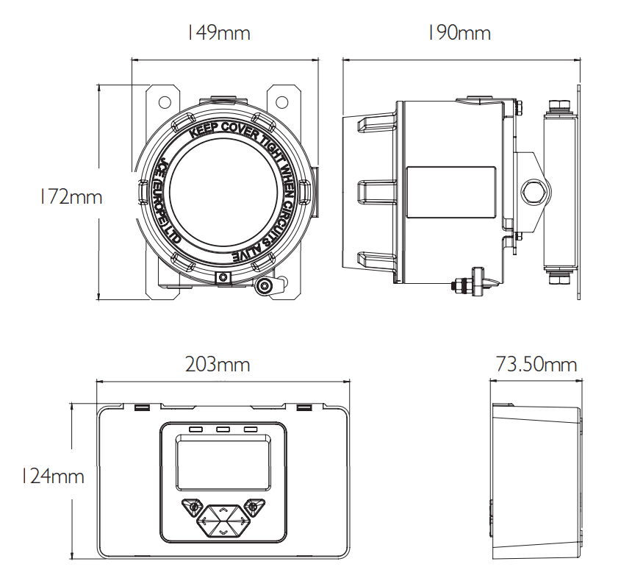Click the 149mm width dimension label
pyautogui.click(x=218, y=33)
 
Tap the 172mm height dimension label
pyautogui.click(x=71, y=197)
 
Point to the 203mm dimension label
pyautogui.click(x=218, y=364)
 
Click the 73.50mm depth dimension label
pyautogui.click(x=536, y=364)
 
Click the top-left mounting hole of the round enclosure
pyautogui.click(x=165, y=101)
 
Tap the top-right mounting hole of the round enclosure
pyautogui.click(x=283, y=101)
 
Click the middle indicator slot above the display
pyautogui.click(x=223, y=429)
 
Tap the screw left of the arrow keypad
pyautogui.click(x=193, y=507)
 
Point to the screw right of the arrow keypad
pyautogui.click(x=253, y=507)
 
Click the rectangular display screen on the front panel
pyautogui.click(x=223, y=462)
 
